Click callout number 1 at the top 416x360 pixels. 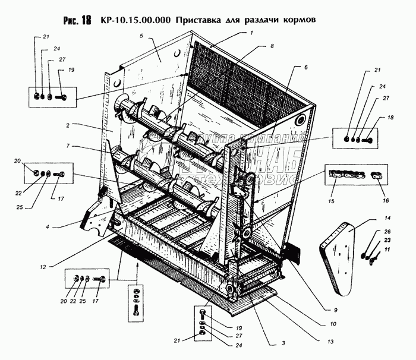point(251,33)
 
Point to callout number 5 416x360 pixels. point(142,36)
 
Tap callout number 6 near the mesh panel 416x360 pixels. point(305,68)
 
